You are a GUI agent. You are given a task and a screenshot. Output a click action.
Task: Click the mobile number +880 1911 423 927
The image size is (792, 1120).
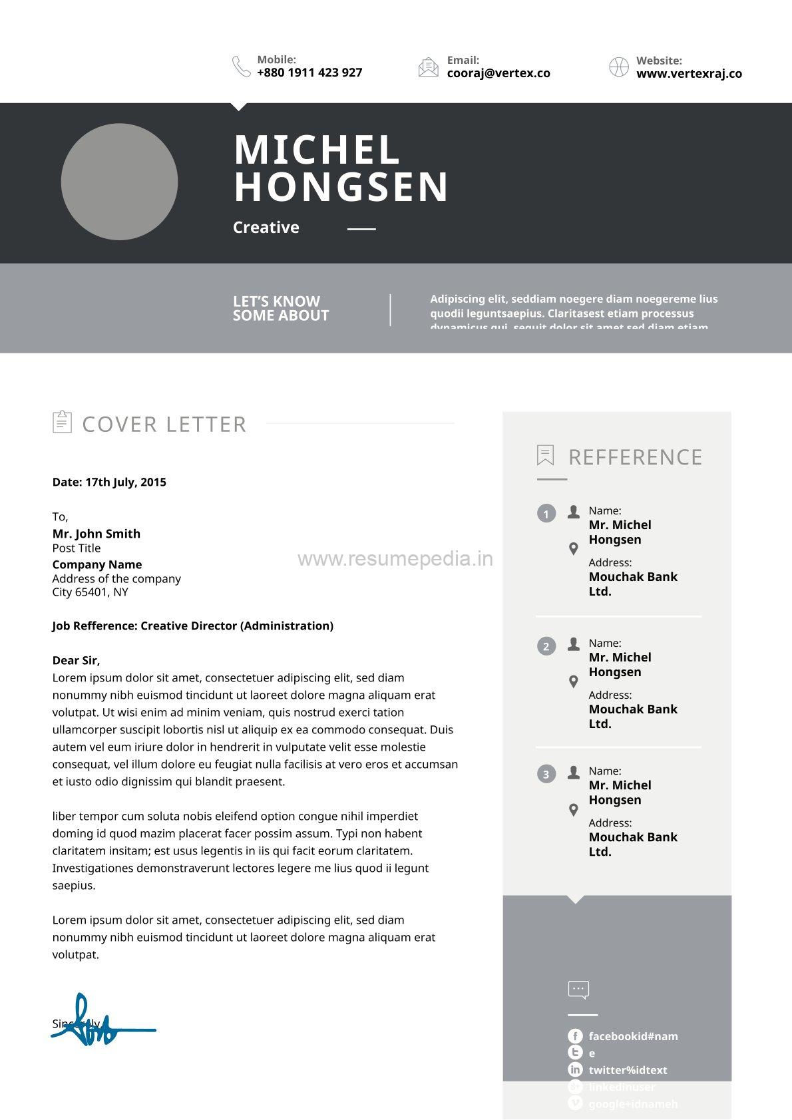point(309,73)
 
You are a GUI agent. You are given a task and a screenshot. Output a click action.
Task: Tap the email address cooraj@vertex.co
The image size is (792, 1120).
point(498,73)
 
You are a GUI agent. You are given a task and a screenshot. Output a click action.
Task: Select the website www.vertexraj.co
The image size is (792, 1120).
point(689,74)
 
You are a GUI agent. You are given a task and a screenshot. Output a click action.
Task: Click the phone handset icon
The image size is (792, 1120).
point(241,67)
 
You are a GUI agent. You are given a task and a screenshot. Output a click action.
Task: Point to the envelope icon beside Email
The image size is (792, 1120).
point(429,67)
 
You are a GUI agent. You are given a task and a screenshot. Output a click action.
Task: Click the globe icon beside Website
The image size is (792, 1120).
point(619,67)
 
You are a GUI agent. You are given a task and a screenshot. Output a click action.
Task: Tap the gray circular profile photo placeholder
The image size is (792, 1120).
point(119,182)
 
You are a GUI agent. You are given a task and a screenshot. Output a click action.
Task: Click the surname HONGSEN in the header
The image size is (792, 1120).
point(341,187)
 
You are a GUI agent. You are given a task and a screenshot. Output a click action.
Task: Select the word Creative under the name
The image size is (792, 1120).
point(266,228)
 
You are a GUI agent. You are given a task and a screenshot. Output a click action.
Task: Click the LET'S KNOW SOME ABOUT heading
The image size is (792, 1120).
point(281,309)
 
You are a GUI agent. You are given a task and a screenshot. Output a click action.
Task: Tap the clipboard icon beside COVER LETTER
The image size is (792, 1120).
point(62,422)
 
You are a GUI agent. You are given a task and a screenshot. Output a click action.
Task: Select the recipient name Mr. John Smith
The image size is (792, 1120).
point(97,534)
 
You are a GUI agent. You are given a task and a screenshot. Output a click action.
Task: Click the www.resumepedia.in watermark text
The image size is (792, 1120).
point(395,559)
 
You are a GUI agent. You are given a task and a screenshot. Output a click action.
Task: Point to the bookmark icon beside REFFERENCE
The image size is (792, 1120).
point(546,456)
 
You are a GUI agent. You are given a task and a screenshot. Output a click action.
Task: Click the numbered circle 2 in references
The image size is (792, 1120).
point(546,646)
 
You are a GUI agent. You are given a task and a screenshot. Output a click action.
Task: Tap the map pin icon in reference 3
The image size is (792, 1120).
point(574,810)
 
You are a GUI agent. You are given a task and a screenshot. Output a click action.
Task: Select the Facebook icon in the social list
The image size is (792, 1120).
point(575,1036)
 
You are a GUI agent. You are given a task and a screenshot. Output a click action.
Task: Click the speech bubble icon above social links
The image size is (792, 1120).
point(578,990)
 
